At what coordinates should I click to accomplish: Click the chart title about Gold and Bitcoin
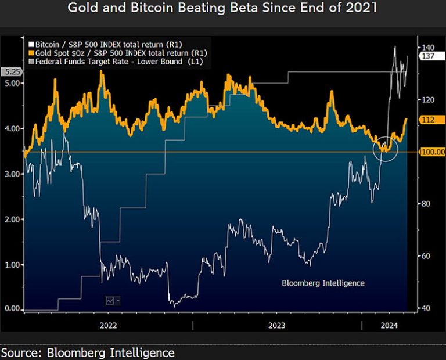click(222, 8)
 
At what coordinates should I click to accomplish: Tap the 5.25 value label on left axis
click(12, 72)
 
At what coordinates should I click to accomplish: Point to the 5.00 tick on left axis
click(12, 83)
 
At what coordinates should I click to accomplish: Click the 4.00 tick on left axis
click(12, 128)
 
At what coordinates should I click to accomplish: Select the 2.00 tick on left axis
click(12, 219)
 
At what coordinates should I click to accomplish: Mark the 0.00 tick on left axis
click(12, 309)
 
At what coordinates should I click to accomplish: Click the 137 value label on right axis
click(429, 56)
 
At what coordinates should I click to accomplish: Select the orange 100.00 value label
click(430, 152)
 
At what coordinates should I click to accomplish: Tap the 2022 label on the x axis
click(109, 325)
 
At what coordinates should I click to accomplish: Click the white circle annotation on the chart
click(385, 149)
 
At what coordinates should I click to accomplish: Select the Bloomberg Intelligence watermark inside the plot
click(323, 283)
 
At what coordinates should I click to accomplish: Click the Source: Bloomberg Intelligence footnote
click(88, 352)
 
